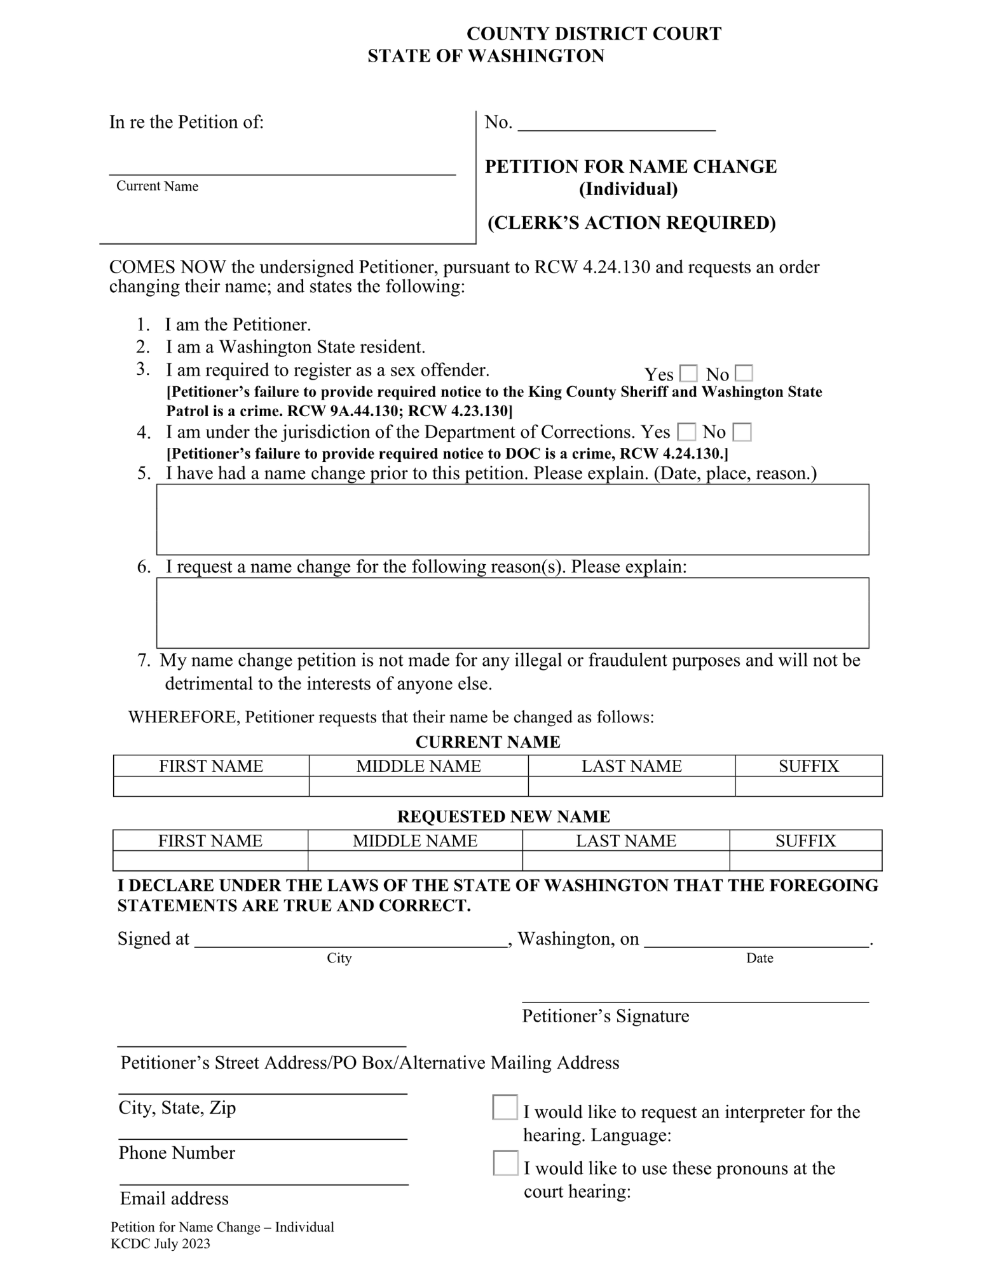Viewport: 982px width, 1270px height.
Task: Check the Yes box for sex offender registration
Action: point(688,373)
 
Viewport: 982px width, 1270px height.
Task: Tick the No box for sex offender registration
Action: point(744,373)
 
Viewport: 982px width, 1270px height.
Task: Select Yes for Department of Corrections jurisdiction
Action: point(686,432)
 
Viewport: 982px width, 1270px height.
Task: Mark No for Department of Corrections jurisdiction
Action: point(742,432)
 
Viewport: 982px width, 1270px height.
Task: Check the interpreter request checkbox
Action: point(505,1107)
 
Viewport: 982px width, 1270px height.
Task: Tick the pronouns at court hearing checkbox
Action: point(505,1163)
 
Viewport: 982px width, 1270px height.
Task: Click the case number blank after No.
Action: point(617,123)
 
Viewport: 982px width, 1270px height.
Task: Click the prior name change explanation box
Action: point(512,519)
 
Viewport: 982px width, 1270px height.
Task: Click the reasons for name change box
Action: point(512,612)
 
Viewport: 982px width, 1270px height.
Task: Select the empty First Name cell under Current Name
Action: point(211,787)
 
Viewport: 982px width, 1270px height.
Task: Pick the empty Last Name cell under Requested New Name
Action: point(625,861)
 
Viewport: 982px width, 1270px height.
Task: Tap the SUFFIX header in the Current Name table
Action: point(808,766)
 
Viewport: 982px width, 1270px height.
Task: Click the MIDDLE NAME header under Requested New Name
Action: point(415,841)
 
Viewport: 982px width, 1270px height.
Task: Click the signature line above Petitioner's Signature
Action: point(695,997)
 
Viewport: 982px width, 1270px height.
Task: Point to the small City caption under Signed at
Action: point(339,958)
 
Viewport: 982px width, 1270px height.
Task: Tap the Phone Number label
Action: point(177,1152)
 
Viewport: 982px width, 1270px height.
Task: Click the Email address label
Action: point(174,1198)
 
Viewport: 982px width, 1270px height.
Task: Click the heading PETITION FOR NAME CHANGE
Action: point(631,166)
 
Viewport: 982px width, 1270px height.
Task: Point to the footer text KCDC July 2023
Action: point(160,1244)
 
